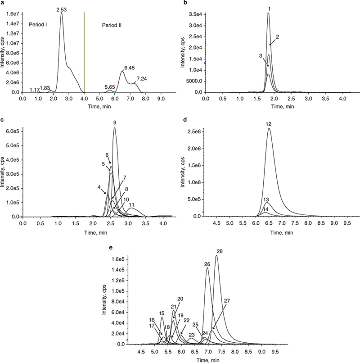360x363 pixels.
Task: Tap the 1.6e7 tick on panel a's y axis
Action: (13, 14)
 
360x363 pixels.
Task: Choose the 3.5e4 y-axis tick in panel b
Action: (195, 14)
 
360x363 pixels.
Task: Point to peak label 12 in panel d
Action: (269, 124)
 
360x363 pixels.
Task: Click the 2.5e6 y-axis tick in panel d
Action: (195, 132)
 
